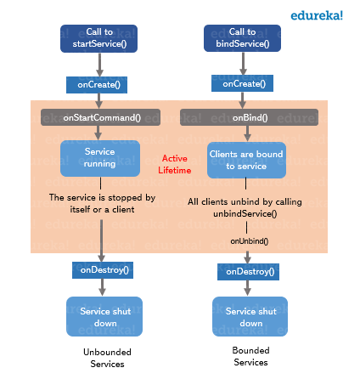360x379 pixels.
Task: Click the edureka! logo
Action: click(317, 14)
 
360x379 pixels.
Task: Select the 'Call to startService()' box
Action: click(99, 38)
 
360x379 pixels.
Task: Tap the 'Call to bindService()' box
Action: click(244, 38)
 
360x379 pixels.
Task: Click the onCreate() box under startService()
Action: click(99, 84)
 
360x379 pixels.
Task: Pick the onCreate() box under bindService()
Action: click(244, 84)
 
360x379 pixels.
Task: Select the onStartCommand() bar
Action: click(102, 117)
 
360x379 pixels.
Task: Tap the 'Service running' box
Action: click(99, 157)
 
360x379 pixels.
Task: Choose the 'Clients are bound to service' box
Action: click(247, 160)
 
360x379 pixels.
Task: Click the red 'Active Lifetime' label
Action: click(174, 164)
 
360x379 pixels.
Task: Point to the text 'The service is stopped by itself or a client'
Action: click(102, 202)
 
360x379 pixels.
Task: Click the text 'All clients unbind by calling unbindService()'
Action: click(245, 207)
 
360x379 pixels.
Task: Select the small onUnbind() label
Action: click(249, 241)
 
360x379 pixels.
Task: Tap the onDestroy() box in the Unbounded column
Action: click(102, 269)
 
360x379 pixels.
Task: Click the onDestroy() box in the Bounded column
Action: click(247, 272)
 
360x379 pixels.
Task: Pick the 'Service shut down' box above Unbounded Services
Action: click(104, 316)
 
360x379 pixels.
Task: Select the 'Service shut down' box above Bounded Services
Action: click(250, 316)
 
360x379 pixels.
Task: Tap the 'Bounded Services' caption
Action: click(250, 355)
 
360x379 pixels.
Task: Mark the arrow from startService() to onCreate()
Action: click(99, 64)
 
